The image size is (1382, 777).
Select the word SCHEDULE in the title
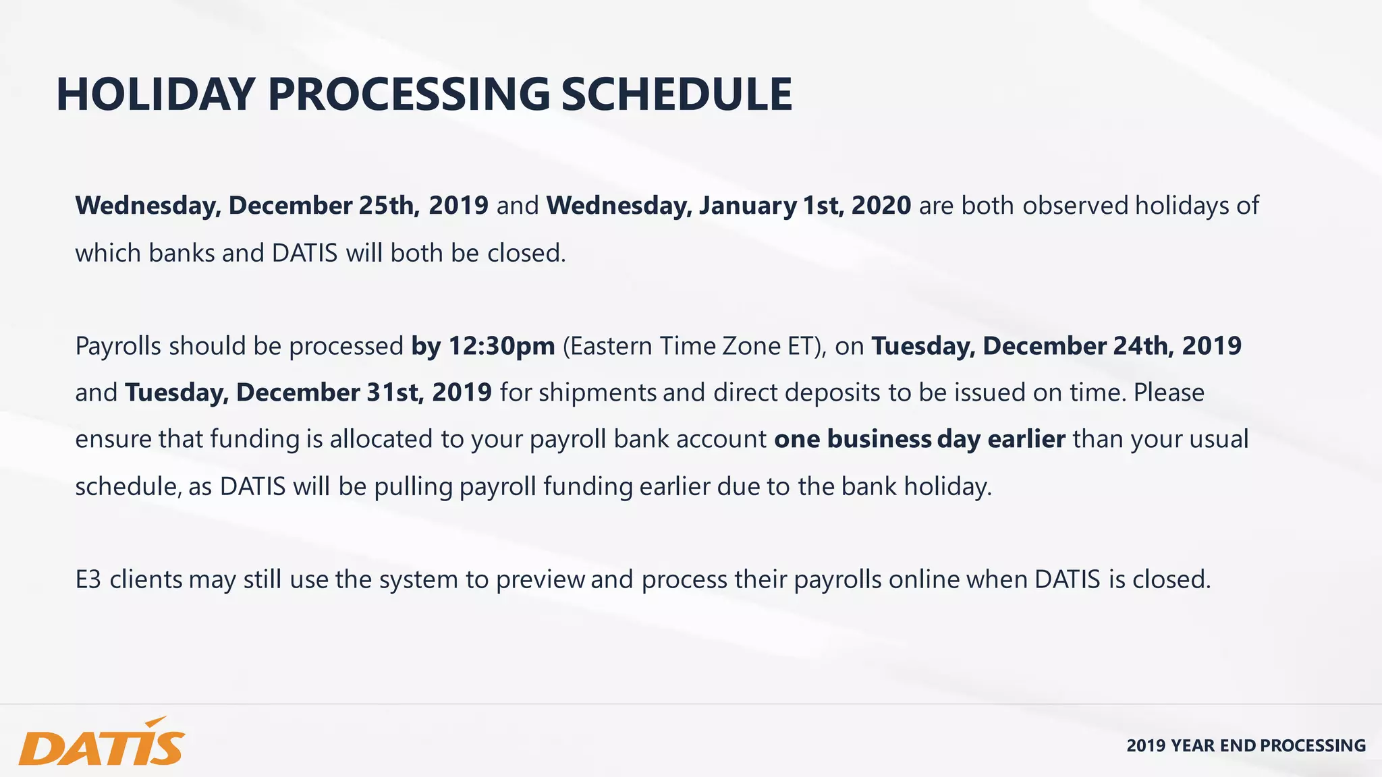click(x=676, y=94)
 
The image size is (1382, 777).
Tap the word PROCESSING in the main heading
click(x=409, y=94)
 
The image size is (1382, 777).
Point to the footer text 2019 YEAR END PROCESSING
click(x=1246, y=745)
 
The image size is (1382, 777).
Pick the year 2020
click(x=881, y=206)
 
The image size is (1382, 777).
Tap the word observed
click(x=1075, y=206)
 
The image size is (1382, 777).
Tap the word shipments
click(x=597, y=393)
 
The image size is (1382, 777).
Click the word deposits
click(x=829, y=393)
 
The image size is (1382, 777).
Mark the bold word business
click(x=879, y=439)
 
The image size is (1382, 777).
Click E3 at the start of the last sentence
click(x=88, y=579)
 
